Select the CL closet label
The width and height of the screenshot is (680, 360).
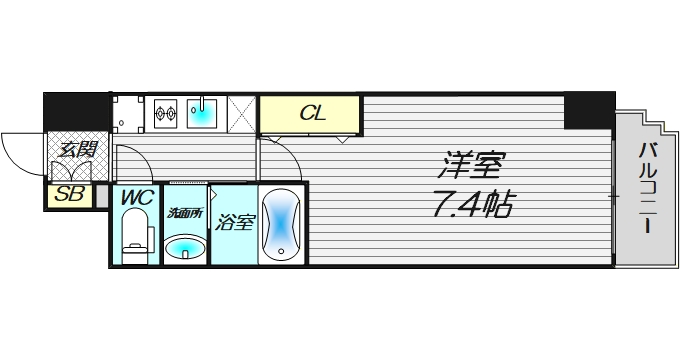(313, 114)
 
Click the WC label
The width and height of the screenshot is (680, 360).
(135, 198)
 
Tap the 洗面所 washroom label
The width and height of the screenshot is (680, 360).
(183, 213)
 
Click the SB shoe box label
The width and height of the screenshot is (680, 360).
(68, 195)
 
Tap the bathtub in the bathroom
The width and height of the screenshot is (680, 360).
(281, 225)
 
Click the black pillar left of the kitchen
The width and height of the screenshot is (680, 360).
(76, 109)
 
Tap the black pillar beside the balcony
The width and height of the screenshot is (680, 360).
(588, 110)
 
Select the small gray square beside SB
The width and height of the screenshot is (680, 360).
(101, 195)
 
